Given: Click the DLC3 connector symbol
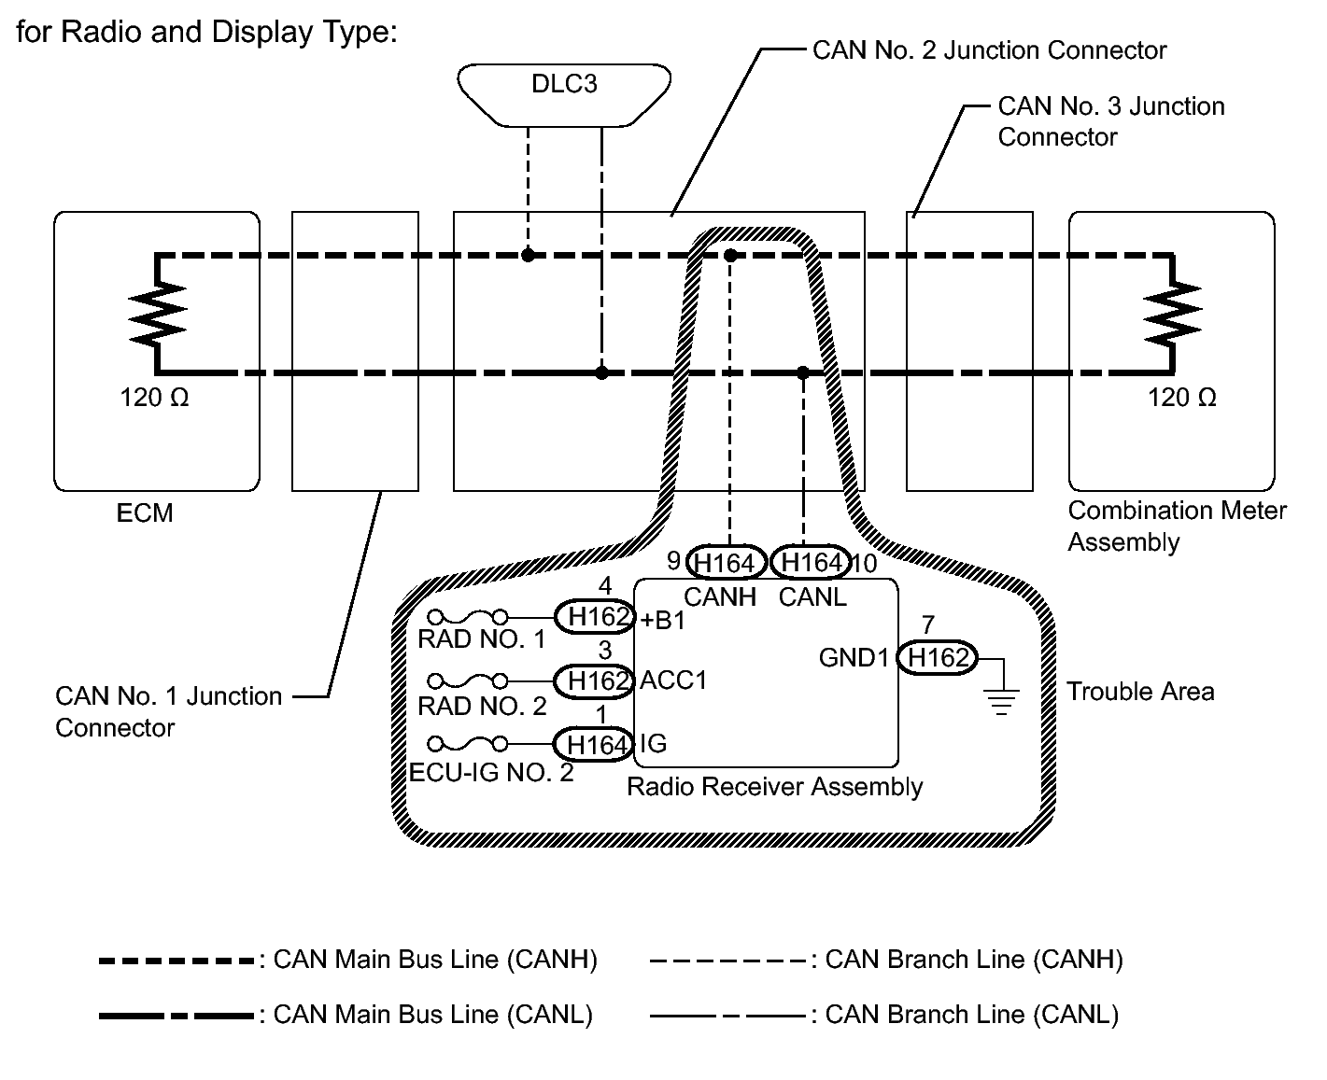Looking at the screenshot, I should (564, 93).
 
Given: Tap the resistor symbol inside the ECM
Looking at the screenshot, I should (159, 314).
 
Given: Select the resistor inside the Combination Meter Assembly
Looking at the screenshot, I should (1173, 314).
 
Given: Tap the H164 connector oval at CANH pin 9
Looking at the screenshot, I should (726, 563).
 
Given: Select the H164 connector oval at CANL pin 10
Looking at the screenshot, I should (812, 562).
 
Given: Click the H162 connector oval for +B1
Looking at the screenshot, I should (595, 617).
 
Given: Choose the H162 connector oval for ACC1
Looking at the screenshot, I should (595, 680).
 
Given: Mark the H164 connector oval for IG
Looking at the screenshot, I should (595, 744).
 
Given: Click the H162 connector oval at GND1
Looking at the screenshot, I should (939, 658).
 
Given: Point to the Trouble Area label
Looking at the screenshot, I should (1140, 692).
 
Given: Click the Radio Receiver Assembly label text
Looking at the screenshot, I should (774, 787).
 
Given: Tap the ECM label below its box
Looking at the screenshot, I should (145, 513).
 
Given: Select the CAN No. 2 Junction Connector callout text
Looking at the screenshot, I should (989, 50).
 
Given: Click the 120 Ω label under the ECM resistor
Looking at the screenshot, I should (154, 399).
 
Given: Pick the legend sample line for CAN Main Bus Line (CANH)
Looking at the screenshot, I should (176, 961).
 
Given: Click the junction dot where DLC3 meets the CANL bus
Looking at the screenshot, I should (602, 372).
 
